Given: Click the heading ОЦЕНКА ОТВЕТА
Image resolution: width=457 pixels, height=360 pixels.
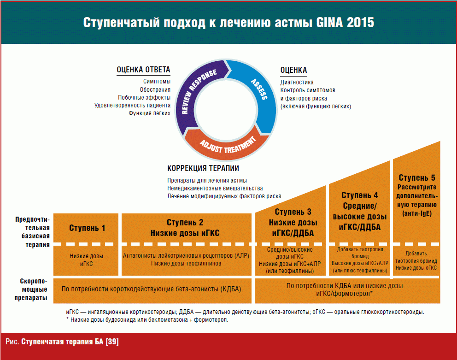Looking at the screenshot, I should [143, 70].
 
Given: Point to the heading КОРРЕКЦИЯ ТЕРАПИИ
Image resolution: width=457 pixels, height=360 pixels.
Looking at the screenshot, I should [203, 169].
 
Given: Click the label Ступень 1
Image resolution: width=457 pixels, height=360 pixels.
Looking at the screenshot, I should [87, 228].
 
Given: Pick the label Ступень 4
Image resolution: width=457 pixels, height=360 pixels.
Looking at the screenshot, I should [360, 195].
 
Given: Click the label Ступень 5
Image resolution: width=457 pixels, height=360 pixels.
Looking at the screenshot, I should [416, 178].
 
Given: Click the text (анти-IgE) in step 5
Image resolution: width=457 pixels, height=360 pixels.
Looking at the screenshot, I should [416, 213].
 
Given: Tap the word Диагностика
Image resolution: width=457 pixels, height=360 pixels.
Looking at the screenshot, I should [297, 82].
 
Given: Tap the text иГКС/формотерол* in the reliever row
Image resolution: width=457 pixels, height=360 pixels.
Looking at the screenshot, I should [345, 293].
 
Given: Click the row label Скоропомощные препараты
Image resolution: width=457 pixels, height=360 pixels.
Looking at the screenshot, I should [34, 289].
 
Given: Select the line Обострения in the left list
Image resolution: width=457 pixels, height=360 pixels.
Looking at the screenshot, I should [155, 89].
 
